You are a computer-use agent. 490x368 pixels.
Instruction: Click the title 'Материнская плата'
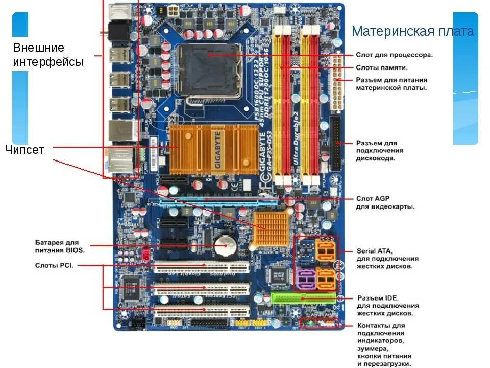[x=412, y=31]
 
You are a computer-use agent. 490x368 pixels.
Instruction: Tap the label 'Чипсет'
[x=24, y=150]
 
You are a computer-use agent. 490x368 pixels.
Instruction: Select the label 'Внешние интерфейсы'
[x=48, y=55]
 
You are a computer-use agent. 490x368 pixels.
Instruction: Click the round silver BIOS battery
[x=223, y=246]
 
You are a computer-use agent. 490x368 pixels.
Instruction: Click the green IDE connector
[x=303, y=297]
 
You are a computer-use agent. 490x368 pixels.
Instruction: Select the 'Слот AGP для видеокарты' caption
[x=385, y=202]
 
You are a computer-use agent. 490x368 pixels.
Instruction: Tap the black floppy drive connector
[x=336, y=143]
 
